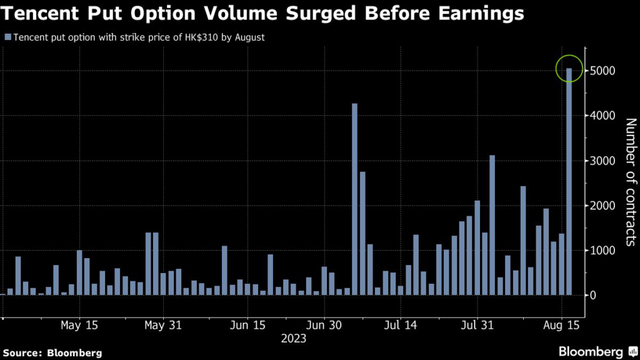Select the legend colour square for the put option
coord(7,37)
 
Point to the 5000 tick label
coord(601,71)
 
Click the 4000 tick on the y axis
coord(601,116)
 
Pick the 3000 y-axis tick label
coord(601,161)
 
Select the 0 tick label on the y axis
coord(593,295)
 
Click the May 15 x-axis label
coord(79,325)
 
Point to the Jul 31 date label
coord(477,325)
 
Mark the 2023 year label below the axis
coord(294,339)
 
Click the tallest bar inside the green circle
coord(569,181)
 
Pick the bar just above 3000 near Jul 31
coord(492,225)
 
